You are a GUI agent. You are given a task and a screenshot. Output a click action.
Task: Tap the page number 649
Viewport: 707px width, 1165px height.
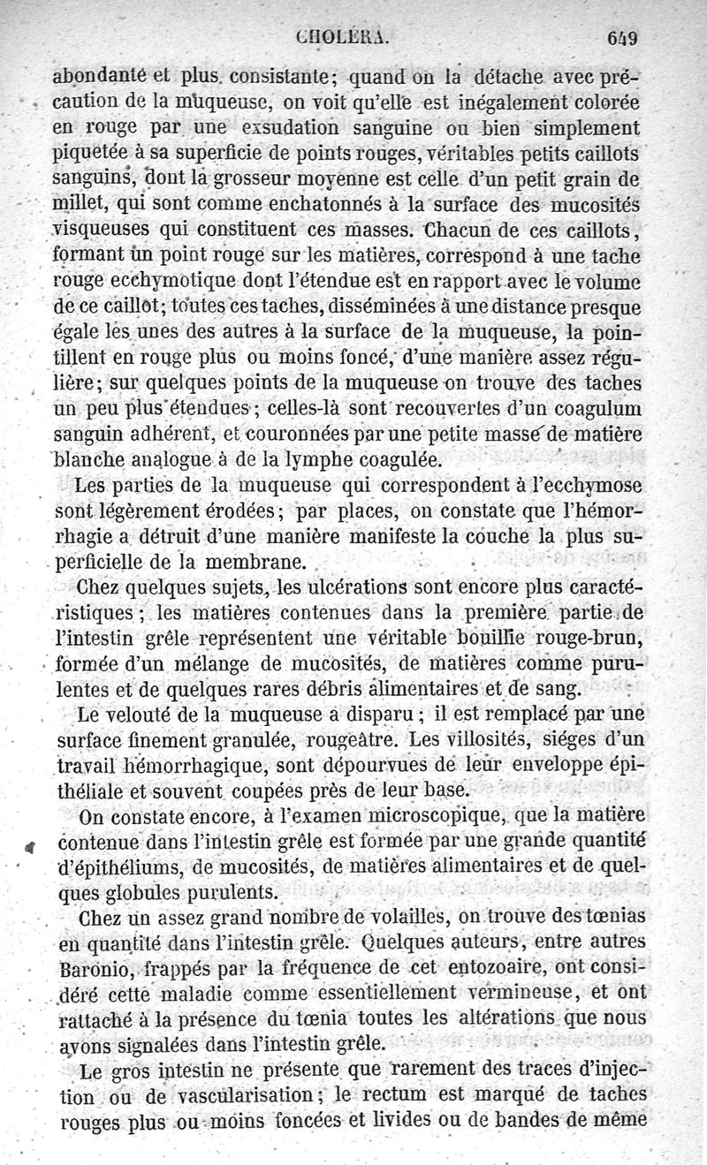pos(622,38)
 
